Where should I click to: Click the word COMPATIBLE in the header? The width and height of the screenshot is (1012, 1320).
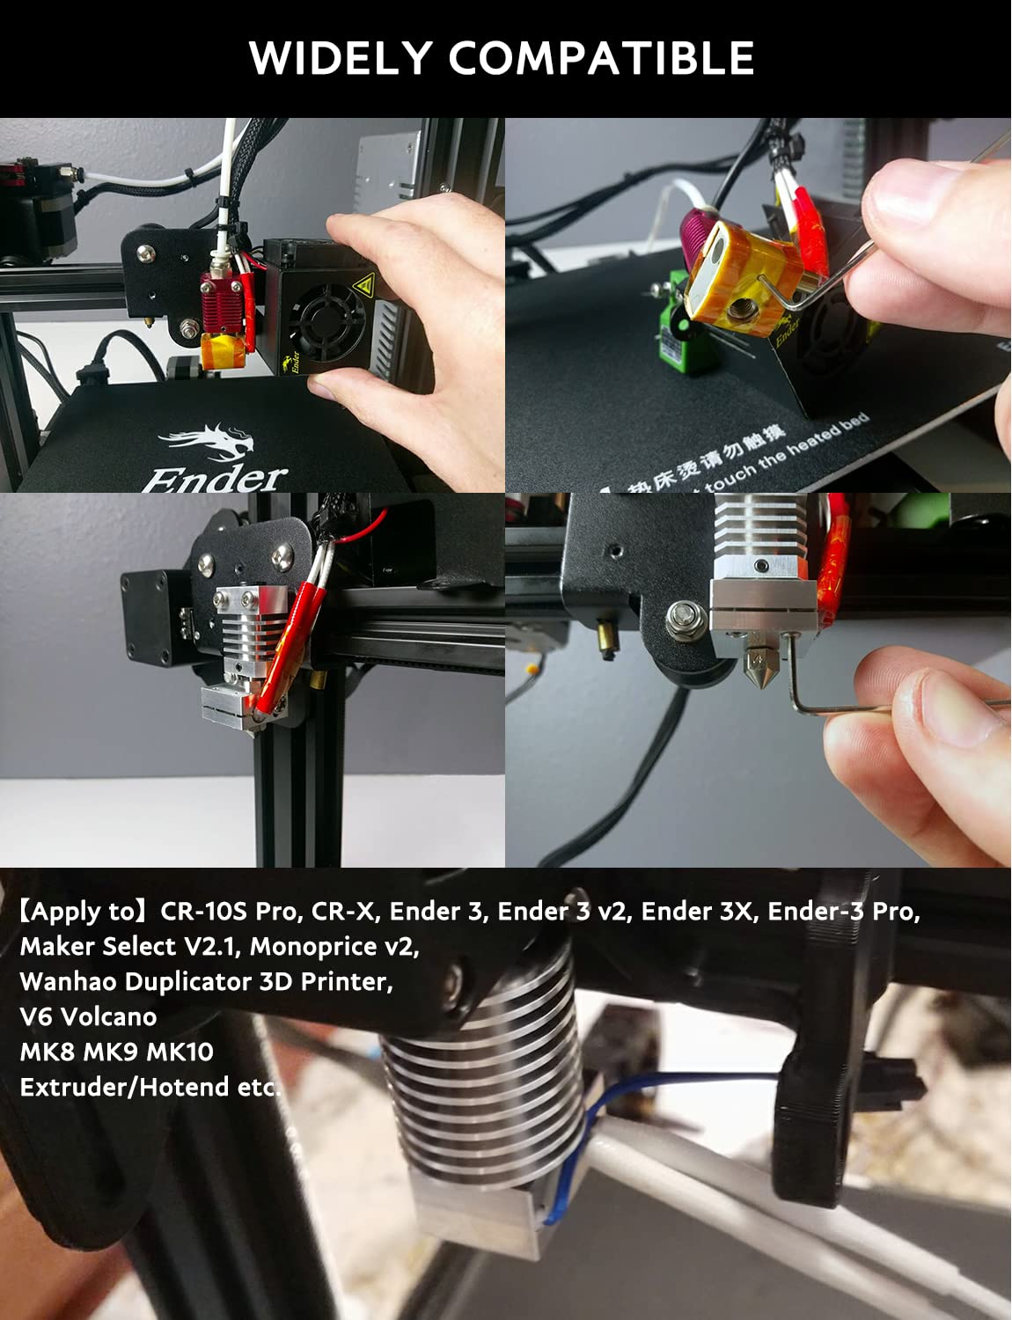coord(601,58)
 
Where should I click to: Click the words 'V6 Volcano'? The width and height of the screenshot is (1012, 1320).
coord(88,1016)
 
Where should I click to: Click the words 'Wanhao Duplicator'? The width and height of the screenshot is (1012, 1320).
coord(136,981)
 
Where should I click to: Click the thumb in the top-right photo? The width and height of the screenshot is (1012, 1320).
coord(924,207)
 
